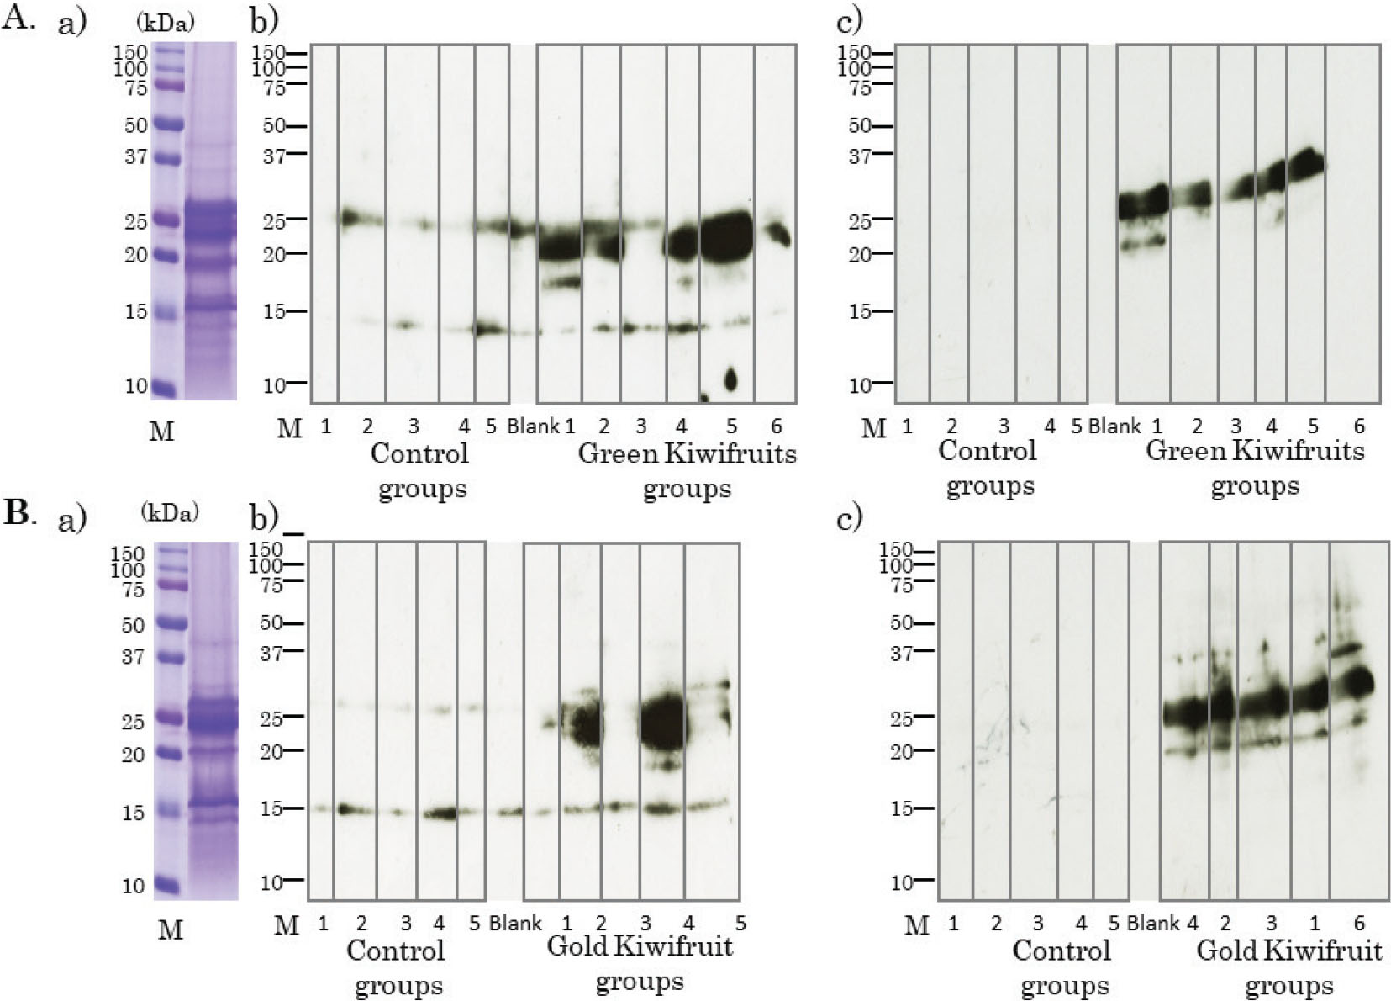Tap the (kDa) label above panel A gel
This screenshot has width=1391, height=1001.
pos(165,23)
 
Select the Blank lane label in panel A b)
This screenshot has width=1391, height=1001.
pos(532,426)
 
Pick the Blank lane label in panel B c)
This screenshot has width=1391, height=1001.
pos(1152,923)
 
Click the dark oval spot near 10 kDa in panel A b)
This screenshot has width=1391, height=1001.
pos(730,379)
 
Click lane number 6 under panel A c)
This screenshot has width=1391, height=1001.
pos(1359,426)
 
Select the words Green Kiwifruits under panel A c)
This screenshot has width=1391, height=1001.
pos(1254,451)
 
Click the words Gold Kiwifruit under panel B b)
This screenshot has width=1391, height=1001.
pos(639,946)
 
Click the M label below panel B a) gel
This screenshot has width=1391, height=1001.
pos(171,929)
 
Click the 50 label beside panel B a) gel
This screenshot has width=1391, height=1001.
pos(133,625)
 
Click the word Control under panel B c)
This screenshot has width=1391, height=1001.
pos(1061,951)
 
